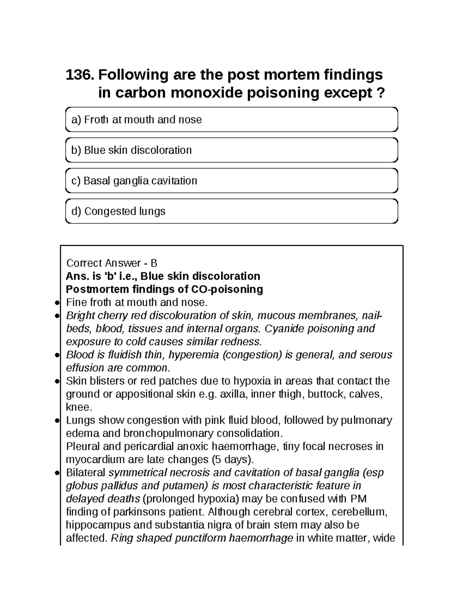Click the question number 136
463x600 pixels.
click(x=79, y=75)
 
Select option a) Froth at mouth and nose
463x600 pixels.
click(x=231, y=120)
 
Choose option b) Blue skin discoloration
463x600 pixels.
click(x=231, y=150)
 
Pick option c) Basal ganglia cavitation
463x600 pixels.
click(x=231, y=180)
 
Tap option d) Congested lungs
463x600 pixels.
click(x=231, y=211)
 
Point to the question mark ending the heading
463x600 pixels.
click(x=381, y=93)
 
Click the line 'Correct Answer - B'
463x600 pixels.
click(x=112, y=263)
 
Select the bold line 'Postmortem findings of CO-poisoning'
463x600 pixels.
click(x=164, y=289)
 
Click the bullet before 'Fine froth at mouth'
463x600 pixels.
click(x=57, y=303)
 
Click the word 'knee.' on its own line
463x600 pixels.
click(x=79, y=407)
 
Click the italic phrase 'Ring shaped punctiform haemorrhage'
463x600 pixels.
click(x=202, y=538)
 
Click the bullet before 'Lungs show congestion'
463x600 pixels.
click(x=57, y=421)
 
